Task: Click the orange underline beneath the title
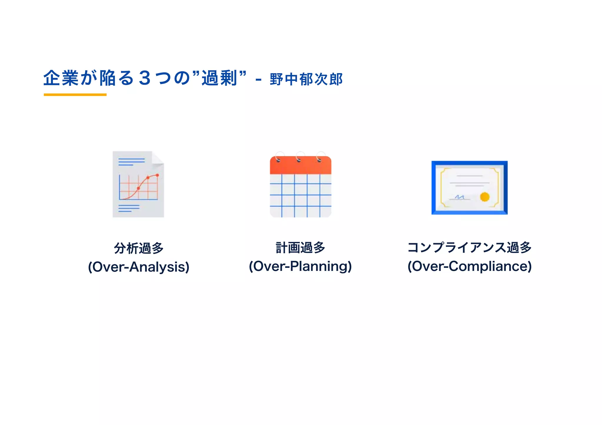[x=75, y=95]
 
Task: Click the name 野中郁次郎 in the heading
[x=306, y=79]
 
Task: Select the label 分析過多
[x=138, y=248]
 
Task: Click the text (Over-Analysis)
[x=138, y=267]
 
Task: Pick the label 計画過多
[x=300, y=248]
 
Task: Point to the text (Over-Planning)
[x=300, y=266]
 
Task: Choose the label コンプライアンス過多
[x=469, y=248]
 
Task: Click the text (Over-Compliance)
[x=469, y=266]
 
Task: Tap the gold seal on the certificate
[x=484, y=196]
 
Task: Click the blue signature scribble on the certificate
[x=459, y=197]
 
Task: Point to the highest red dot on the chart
[x=157, y=175]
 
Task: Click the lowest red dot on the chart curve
[x=138, y=188]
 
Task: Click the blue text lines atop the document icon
[x=131, y=162]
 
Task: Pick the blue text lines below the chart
[x=128, y=208]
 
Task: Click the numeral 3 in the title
[x=145, y=78]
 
